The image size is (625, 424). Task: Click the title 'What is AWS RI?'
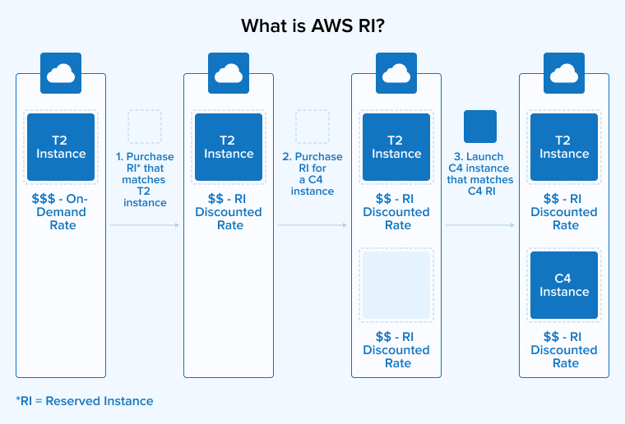(312, 25)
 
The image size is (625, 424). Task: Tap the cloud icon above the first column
(61, 74)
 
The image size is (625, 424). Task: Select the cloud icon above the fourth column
(564, 74)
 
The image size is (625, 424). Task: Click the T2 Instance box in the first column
(61, 147)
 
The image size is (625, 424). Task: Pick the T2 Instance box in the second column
(229, 147)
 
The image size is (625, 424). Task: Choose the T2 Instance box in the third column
(396, 147)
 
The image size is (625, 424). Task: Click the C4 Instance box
(564, 285)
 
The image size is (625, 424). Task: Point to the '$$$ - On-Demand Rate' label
(61, 212)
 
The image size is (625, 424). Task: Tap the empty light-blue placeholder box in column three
(396, 285)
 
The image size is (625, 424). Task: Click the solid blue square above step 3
(480, 127)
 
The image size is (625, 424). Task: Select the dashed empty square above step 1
(145, 127)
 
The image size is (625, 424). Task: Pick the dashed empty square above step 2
(312, 127)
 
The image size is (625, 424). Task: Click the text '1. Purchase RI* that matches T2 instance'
(145, 179)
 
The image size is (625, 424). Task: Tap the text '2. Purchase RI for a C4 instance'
(312, 173)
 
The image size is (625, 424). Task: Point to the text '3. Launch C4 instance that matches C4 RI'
(480, 173)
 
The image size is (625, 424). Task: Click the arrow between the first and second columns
(145, 224)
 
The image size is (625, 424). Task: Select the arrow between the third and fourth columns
(480, 224)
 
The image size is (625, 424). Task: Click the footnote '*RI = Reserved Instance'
(85, 401)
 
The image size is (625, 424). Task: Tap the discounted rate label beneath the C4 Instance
(564, 350)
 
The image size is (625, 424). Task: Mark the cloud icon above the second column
(229, 74)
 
